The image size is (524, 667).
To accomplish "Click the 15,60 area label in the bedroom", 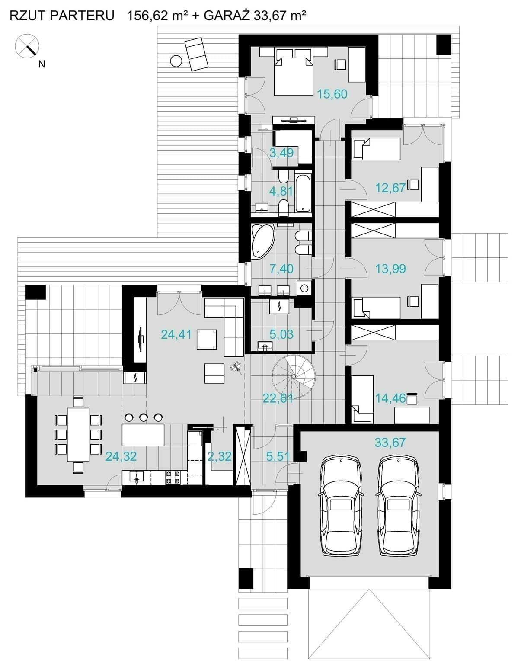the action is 332,94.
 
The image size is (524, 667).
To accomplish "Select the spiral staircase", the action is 293,377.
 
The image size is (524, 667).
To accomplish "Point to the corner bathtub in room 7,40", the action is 262,240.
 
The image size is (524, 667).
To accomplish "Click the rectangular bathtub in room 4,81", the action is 303,193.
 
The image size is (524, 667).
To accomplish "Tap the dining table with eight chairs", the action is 79,434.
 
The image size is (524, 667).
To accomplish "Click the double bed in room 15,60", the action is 293,72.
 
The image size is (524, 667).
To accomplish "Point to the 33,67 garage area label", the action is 390,443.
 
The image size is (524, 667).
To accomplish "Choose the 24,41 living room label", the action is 176,334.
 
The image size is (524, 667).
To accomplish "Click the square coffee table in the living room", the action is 207,339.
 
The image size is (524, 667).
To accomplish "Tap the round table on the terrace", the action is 176,61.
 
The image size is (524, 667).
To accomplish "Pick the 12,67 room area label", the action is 390,188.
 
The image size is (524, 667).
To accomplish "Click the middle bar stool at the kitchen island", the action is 143,417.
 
